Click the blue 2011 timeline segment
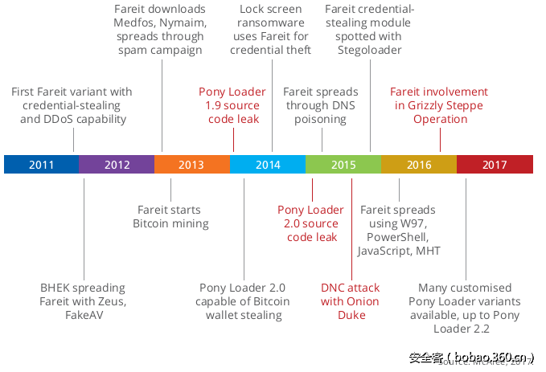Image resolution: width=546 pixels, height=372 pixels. point(41,165)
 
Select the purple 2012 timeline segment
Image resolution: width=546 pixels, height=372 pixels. point(117,165)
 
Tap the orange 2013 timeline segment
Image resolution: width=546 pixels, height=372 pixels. point(191,165)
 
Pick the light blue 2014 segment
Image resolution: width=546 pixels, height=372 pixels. point(268,165)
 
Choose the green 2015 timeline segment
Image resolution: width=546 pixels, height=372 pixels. point(343,165)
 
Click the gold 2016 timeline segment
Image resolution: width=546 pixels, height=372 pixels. point(419,165)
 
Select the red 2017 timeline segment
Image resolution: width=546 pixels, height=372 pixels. point(495,165)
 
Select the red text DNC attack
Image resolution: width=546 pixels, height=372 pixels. point(351,288)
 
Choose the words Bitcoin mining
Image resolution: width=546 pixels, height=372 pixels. point(170,223)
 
